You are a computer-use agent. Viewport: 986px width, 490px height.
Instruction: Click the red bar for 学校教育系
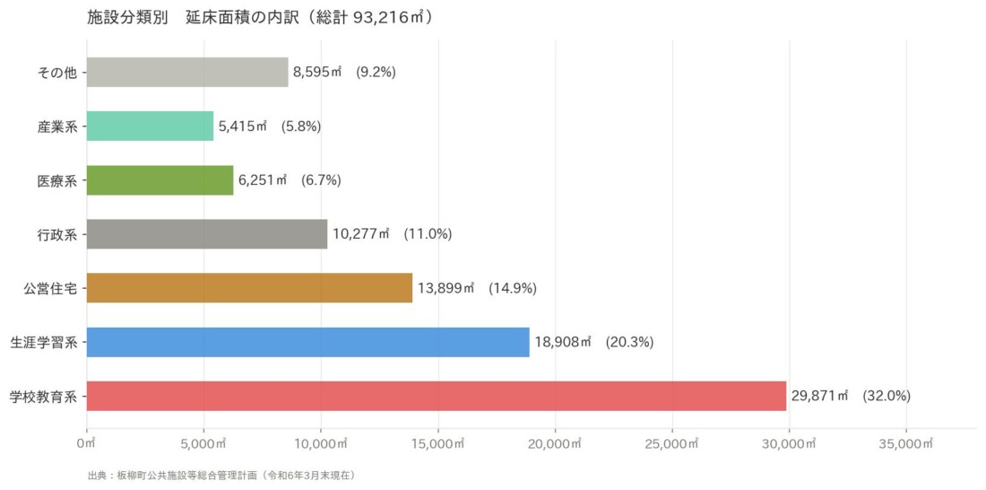click(437, 396)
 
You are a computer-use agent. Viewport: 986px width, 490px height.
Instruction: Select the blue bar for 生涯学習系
click(308, 342)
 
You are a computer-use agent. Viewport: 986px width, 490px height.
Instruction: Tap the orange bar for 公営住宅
click(250, 288)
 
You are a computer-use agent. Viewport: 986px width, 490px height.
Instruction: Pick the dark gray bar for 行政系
click(207, 234)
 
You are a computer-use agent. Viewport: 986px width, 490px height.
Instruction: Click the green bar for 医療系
click(160, 180)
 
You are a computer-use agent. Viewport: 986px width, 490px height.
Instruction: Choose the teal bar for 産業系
click(151, 126)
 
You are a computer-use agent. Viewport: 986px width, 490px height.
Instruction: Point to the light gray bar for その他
click(187, 73)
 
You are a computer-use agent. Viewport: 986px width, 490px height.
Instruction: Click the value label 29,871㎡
click(820, 396)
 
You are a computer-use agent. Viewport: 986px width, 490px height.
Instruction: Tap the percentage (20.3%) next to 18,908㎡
click(630, 342)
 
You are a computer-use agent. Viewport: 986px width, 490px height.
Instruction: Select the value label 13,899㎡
click(445, 288)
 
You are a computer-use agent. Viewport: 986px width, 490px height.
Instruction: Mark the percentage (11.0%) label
click(428, 234)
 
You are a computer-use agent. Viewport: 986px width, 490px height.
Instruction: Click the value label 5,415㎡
click(243, 126)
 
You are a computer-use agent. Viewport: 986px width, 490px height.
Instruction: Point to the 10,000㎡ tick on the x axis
click(321, 444)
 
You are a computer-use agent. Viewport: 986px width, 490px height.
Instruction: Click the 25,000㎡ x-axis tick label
click(672, 444)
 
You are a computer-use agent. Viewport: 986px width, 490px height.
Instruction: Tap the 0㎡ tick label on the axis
click(87, 444)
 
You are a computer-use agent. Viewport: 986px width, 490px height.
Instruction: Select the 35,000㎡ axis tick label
click(906, 444)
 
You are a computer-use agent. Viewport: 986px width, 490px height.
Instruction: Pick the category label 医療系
click(57, 180)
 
